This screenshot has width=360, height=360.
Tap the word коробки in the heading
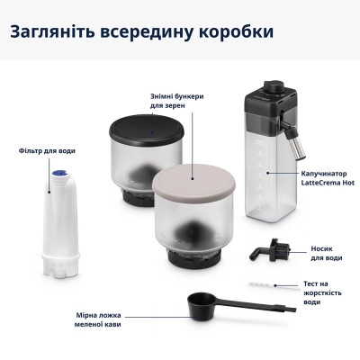click(x=229, y=33)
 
